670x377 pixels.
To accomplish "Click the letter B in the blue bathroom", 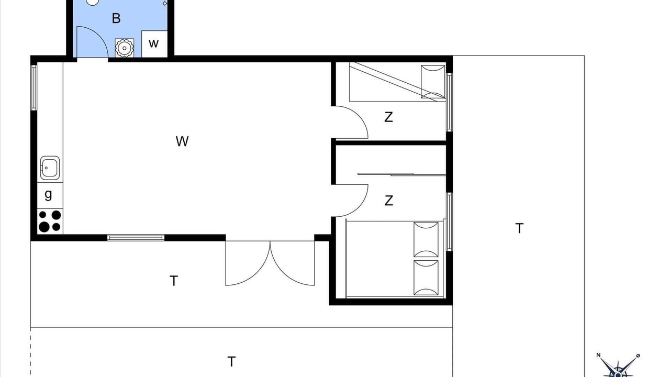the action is [x=116, y=18].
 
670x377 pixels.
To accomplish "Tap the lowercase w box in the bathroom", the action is [x=154, y=43].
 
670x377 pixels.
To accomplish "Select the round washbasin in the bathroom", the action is [x=124, y=48].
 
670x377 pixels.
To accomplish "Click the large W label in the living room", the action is [x=182, y=141].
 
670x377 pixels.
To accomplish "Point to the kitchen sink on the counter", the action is [x=50, y=168].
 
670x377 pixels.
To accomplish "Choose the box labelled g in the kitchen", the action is [x=50, y=196].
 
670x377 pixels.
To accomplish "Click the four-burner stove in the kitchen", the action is [x=50, y=221].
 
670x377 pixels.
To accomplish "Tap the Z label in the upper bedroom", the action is [x=388, y=117].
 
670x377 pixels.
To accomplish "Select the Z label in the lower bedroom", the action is [x=388, y=201].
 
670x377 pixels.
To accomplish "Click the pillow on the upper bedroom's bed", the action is [x=433, y=82].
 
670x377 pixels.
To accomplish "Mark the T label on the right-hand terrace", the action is [x=520, y=228].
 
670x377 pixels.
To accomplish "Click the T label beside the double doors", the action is [x=174, y=281].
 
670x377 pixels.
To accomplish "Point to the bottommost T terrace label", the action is [x=231, y=361].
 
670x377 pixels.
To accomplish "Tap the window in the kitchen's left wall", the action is [x=34, y=87].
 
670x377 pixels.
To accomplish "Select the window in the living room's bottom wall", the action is [x=136, y=238].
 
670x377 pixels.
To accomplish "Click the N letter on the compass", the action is [x=598, y=355].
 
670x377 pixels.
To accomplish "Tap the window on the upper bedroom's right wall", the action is [x=449, y=102].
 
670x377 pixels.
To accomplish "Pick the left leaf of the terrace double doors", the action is [x=248, y=263].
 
